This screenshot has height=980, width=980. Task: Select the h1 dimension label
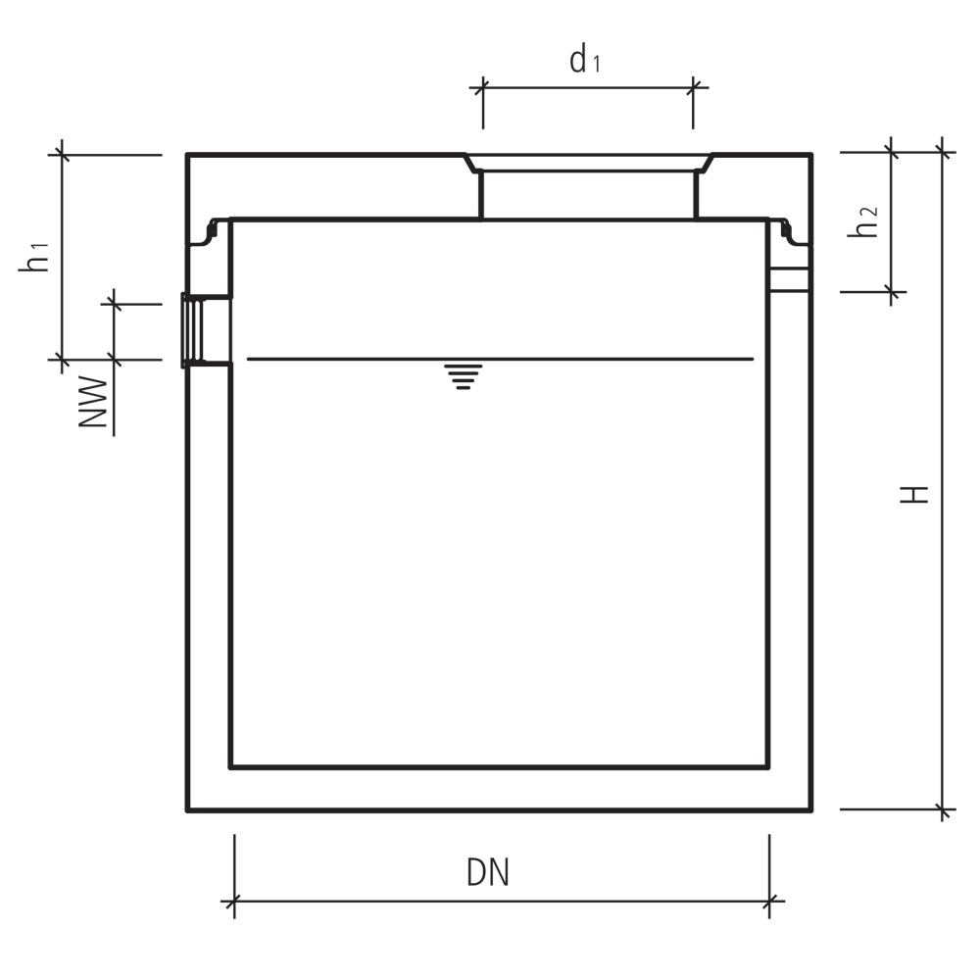click(x=36, y=257)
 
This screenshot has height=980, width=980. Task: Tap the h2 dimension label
click(x=863, y=222)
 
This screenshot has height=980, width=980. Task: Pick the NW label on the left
click(x=92, y=402)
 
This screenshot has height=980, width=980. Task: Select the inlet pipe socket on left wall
click(x=196, y=330)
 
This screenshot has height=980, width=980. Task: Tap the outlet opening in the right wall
click(x=790, y=278)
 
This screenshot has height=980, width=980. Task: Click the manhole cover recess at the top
click(x=588, y=163)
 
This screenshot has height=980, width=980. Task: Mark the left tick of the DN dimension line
click(x=234, y=900)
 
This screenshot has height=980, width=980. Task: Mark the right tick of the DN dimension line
click(x=769, y=900)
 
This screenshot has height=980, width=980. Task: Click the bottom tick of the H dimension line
click(x=943, y=810)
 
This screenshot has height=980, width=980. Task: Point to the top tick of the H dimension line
click(x=943, y=151)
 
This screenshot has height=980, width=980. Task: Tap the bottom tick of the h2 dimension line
click(x=891, y=290)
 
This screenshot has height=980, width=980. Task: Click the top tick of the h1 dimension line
click(x=62, y=154)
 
